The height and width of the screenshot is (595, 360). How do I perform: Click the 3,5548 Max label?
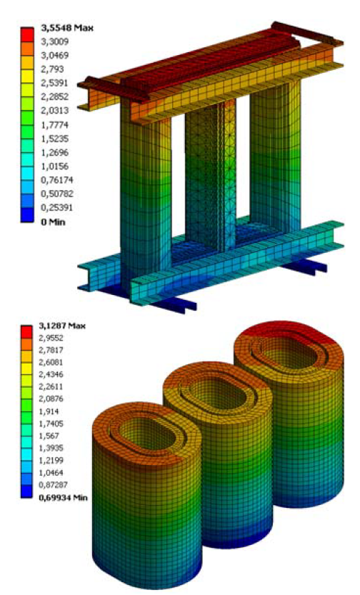pos(66,28)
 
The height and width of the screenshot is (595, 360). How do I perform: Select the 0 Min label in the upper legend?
pos(53,222)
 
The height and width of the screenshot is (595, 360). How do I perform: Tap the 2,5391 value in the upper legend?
pos(54,83)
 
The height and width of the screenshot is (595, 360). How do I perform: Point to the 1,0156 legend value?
pos(54,166)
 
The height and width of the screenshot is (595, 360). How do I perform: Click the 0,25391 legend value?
pos(56,208)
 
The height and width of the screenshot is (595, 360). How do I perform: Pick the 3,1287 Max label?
pos(62,326)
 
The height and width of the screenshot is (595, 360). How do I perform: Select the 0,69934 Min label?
pos(63,497)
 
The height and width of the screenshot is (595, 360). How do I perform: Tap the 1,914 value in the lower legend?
pos(49,411)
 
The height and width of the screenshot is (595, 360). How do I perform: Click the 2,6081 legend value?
pos(51,362)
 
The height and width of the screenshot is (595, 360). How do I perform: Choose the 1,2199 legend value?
pos(51,460)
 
